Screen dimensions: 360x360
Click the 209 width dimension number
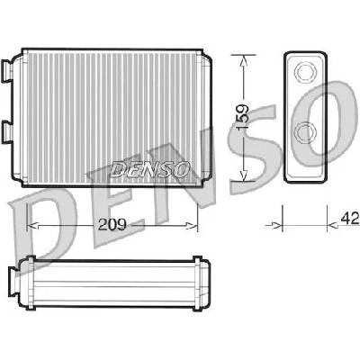(x=112, y=224)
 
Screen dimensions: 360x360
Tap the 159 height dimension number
(x=243, y=117)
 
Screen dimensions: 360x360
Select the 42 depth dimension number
(x=350, y=218)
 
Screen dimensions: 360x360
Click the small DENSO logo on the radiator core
(x=149, y=169)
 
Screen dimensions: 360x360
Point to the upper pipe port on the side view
(x=305, y=71)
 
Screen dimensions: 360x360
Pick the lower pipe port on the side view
(x=305, y=132)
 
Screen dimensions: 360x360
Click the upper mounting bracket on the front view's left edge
(x=7, y=70)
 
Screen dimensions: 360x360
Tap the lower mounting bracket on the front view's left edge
(x=7, y=131)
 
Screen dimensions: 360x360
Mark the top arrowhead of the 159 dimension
(x=243, y=60)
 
